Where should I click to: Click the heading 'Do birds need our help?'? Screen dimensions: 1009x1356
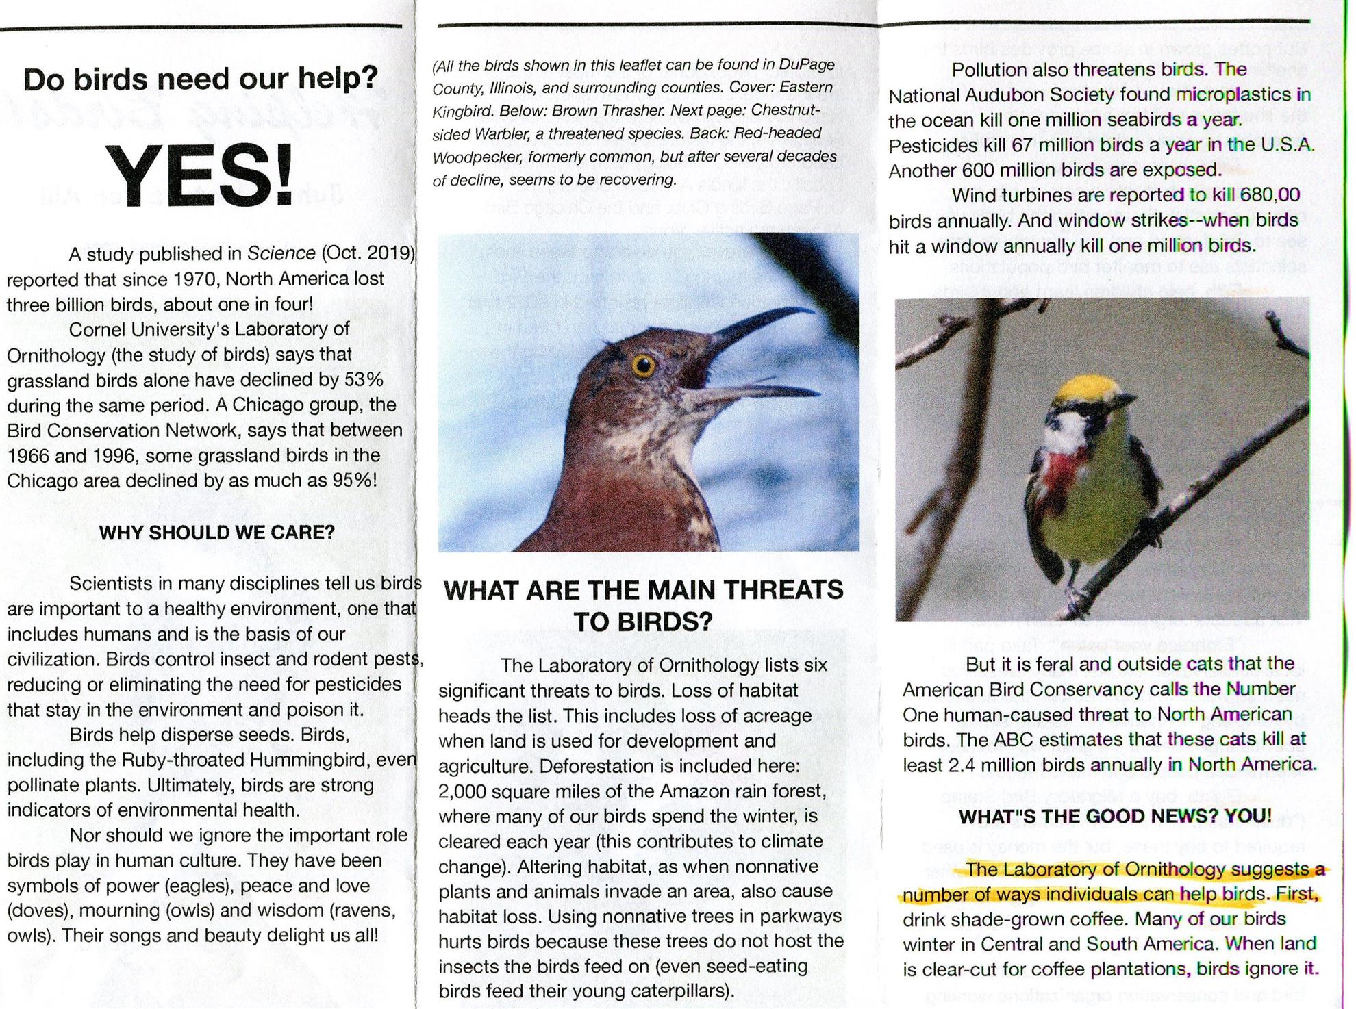[x=200, y=79]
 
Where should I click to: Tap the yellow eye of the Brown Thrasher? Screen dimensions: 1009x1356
[x=643, y=366]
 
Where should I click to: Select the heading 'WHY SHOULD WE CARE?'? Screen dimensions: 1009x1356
[x=216, y=533]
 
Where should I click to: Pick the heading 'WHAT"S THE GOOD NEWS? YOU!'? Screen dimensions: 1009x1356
[x=1115, y=816]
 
